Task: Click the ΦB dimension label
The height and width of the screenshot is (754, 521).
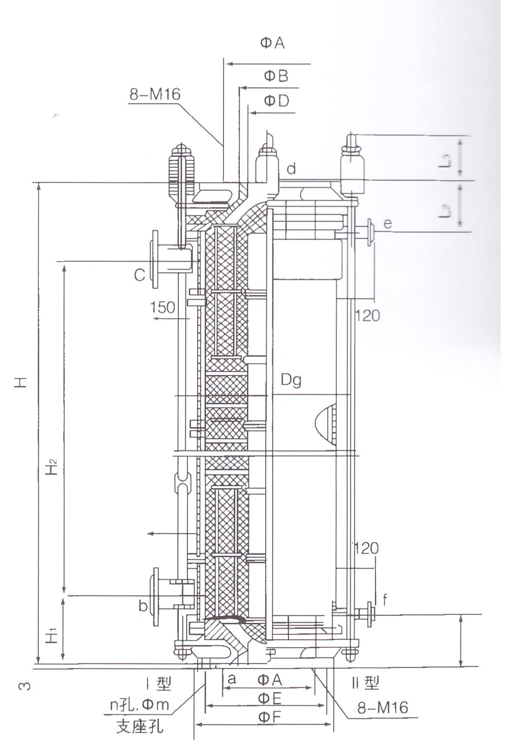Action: pyautogui.click(x=276, y=76)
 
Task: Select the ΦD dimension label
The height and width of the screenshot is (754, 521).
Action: pyautogui.click(x=276, y=101)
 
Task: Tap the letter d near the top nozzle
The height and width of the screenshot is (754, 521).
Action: pyautogui.click(x=292, y=169)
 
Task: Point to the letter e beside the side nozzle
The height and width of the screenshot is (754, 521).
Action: pyautogui.click(x=387, y=224)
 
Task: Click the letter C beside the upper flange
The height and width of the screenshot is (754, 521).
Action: pyautogui.click(x=140, y=274)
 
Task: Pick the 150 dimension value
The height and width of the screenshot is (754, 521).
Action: pyautogui.click(x=163, y=307)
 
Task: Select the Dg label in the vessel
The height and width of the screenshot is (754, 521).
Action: pyautogui.click(x=291, y=380)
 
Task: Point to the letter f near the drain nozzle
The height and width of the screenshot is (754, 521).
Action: pyautogui.click(x=385, y=600)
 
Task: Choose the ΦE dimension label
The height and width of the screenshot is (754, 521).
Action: pyautogui.click(x=269, y=699)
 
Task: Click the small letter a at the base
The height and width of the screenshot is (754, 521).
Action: pyautogui.click(x=231, y=679)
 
